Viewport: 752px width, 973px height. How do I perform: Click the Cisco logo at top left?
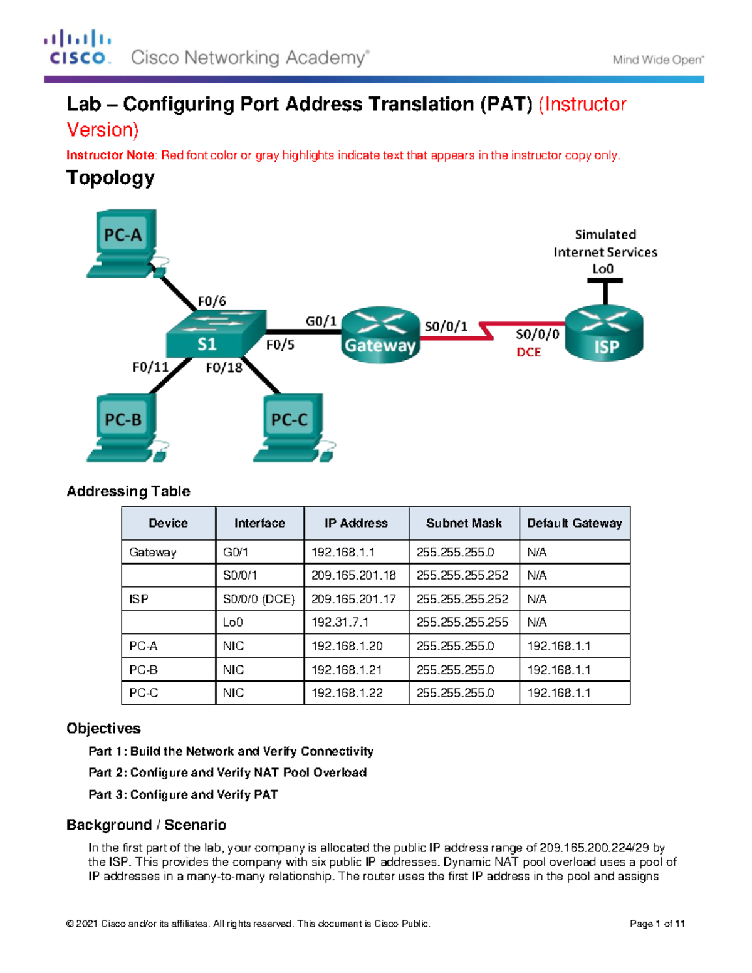pos(78,48)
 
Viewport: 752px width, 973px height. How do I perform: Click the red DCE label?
pos(528,352)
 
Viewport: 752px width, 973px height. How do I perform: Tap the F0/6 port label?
pos(212,301)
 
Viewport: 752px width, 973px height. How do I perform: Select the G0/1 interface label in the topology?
pos(321,321)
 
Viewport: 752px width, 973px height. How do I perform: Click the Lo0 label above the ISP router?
pos(603,269)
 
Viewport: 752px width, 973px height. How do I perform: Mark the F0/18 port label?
pos(224,368)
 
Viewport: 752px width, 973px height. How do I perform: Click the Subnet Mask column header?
pos(464,523)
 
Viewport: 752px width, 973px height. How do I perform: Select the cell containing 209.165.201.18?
pos(354,575)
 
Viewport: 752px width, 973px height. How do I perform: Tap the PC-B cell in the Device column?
pos(144,670)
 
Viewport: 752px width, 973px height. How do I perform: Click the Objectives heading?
pos(103,728)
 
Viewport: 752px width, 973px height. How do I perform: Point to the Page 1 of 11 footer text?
pos(657,924)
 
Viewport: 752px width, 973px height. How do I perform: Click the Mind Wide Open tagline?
pos(658,60)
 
